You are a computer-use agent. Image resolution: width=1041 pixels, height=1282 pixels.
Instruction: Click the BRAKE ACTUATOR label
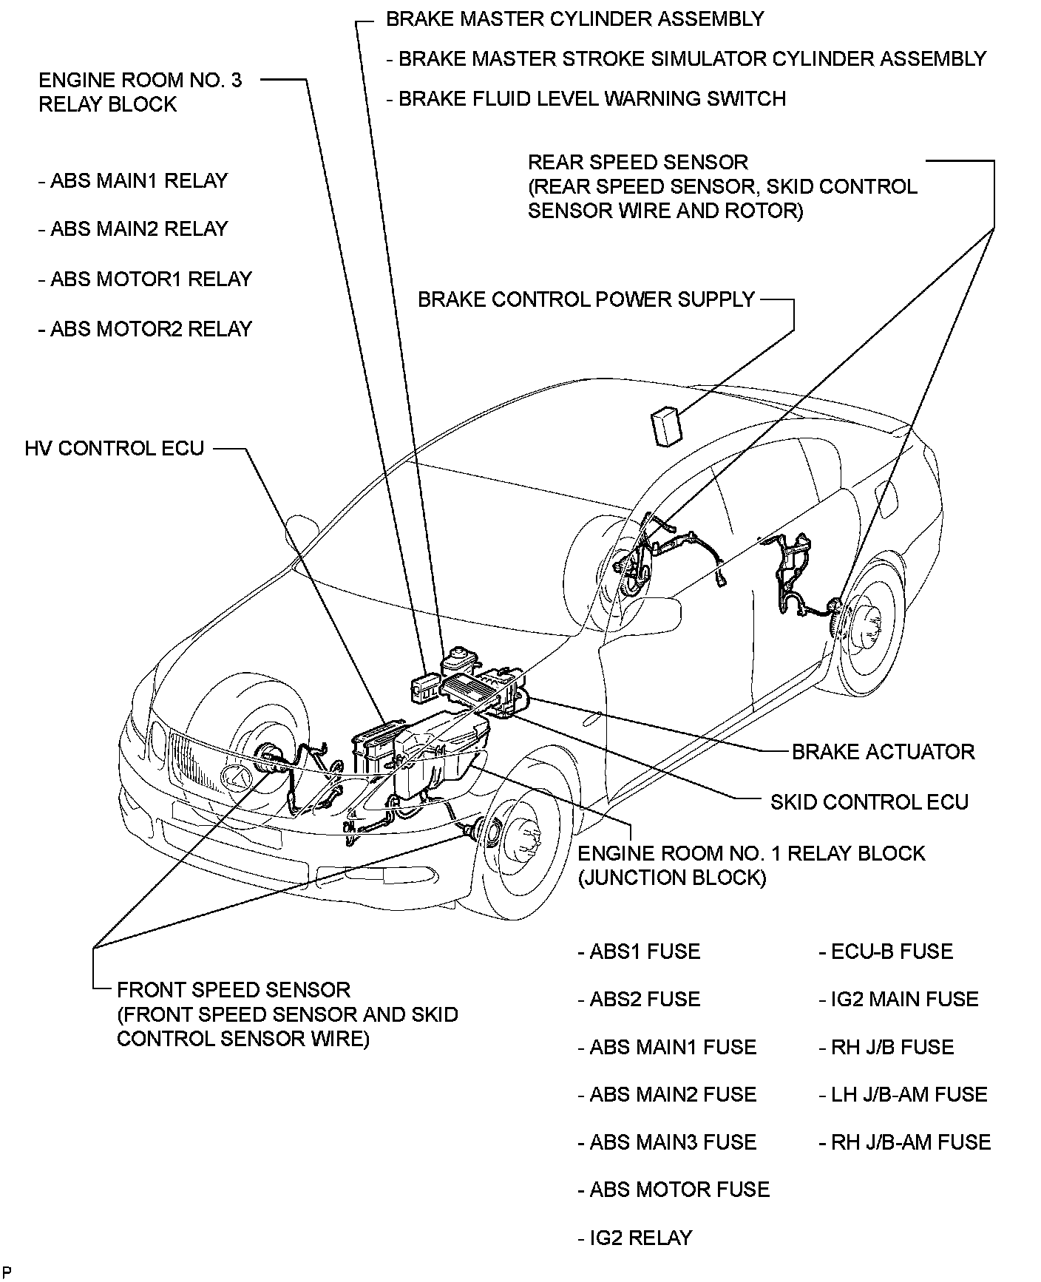883,752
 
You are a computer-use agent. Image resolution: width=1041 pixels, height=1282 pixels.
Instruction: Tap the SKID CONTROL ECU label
869,802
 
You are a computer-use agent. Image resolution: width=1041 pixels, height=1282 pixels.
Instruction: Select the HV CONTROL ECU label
114,449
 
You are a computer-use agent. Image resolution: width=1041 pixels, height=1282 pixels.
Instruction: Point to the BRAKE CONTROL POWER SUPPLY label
586,299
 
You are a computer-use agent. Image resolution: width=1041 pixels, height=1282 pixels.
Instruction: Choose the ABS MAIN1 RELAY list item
133,181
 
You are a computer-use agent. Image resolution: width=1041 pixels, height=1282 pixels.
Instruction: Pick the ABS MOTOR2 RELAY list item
146,328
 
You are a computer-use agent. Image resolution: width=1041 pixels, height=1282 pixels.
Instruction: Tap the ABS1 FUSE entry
639,952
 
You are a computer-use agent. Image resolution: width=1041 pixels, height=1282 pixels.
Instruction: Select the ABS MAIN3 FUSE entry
667,1142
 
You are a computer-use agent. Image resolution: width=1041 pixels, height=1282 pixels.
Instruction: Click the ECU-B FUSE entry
886,952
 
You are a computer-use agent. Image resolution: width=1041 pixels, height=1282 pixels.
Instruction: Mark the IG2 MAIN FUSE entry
898,1000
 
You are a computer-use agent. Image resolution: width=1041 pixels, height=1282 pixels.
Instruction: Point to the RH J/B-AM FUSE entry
904,1142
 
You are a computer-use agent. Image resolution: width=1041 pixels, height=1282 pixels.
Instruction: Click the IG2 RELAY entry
635,1238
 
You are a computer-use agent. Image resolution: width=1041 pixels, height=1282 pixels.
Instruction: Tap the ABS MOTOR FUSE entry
674,1190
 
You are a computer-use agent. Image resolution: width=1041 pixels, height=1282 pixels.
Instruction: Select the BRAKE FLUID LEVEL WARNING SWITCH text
586,98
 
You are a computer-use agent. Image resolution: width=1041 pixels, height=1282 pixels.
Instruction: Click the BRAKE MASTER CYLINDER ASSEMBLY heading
575,18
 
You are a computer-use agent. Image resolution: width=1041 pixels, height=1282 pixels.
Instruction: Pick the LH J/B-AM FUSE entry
903,1094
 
